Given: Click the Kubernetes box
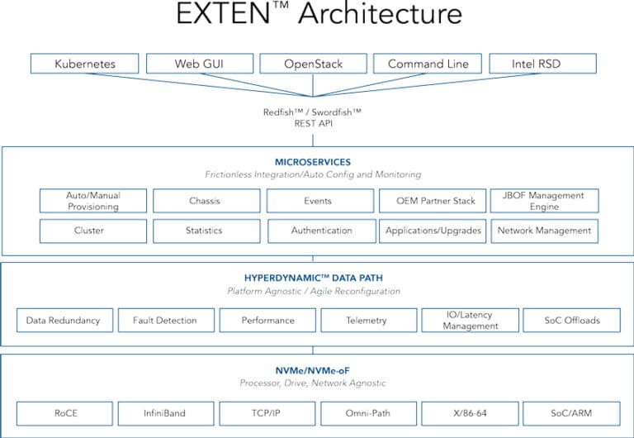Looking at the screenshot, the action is click(x=84, y=64).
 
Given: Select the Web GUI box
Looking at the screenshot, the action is click(x=200, y=64).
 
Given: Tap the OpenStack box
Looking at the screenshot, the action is click(x=314, y=64).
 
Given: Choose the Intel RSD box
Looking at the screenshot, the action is click(x=542, y=64).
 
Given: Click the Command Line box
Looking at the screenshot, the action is click(x=428, y=64).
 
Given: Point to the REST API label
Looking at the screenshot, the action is click(x=314, y=123).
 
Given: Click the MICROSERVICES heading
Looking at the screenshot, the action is click(x=313, y=162).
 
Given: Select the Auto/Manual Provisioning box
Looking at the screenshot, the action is click(x=93, y=201).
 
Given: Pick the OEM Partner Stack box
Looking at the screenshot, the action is click(x=433, y=201).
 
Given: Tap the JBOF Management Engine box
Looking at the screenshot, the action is click(x=544, y=201).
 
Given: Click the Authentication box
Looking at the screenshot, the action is click(x=322, y=231).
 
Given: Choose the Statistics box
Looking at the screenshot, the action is click(x=206, y=231).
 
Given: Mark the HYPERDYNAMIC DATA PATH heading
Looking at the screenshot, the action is click(x=314, y=279).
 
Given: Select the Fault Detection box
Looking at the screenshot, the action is click(x=166, y=320).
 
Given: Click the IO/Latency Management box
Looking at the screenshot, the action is click(x=471, y=320).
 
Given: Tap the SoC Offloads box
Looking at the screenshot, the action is click(x=572, y=320).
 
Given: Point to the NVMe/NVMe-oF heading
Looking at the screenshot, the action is click(x=313, y=370).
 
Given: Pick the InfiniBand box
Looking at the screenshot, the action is click(x=166, y=413).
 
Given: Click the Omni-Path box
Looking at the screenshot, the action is click(x=369, y=413).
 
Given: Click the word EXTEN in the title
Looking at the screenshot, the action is click(x=223, y=13).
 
